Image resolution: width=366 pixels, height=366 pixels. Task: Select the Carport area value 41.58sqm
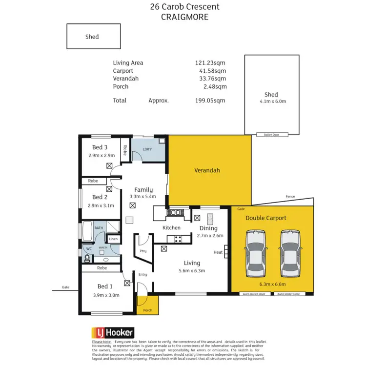pos(210,71)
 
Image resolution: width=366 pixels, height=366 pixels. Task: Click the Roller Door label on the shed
pos(271,134)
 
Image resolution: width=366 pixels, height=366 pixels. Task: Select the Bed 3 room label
pos(100,147)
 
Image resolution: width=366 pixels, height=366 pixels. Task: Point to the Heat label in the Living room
pos(218,252)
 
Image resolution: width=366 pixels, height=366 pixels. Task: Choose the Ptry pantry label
pos(143,251)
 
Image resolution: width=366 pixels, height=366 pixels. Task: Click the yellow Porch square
pos(147,306)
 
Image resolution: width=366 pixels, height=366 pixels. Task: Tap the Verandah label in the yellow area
pos(207,171)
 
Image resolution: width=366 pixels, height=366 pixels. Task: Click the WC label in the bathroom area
pos(89,249)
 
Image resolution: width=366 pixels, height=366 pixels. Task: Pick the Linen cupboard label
pos(113,239)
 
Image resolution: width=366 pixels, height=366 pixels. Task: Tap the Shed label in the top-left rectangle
pos(92,37)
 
